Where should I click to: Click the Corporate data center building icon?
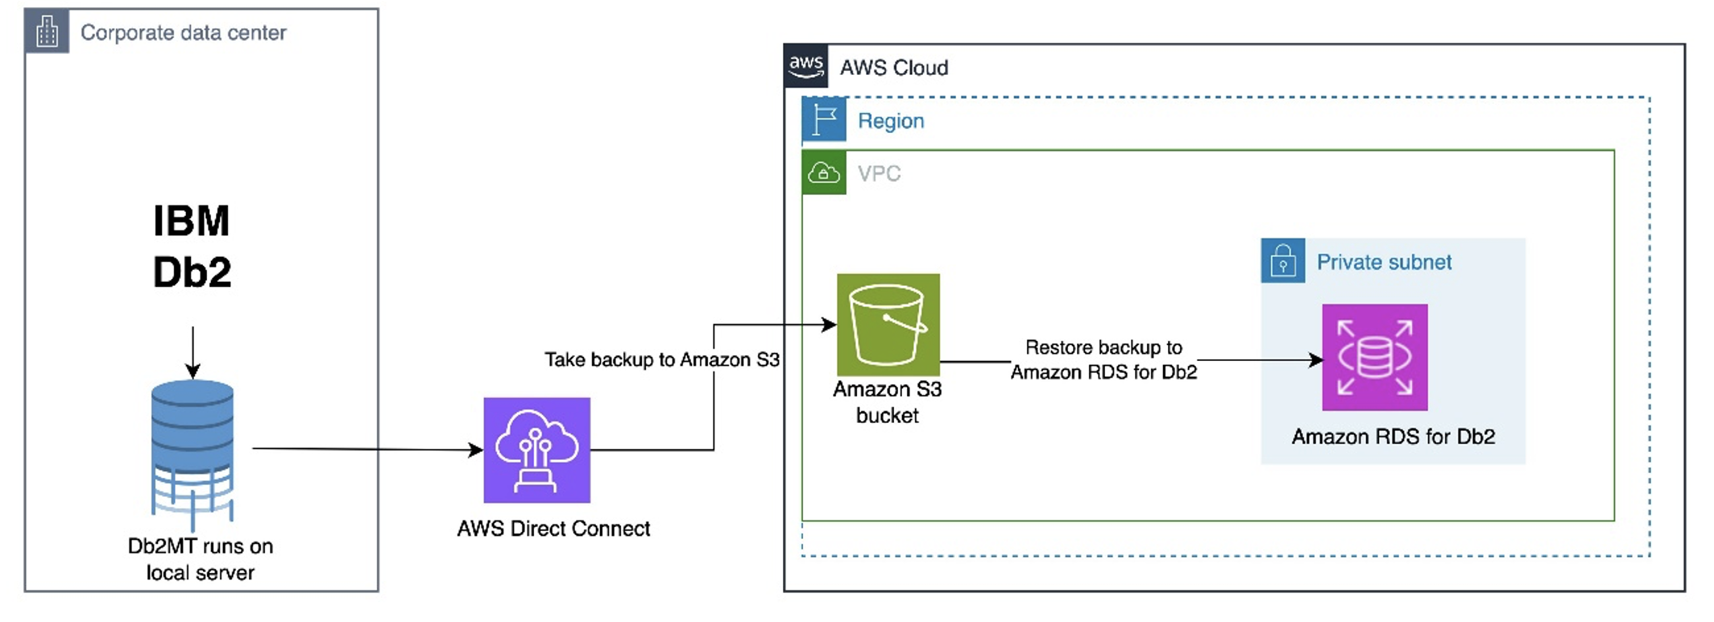tap(47, 31)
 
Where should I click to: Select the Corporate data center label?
tap(184, 32)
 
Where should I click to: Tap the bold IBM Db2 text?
tap(192, 246)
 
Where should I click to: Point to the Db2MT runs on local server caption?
tap(201, 559)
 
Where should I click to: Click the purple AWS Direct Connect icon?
tap(537, 450)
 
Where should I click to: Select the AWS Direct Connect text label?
tap(553, 529)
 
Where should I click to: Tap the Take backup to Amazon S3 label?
tap(662, 359)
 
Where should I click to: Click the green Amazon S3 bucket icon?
tap(888, 325)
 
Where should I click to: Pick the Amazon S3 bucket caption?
tap(888, 402)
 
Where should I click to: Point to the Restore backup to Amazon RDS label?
tap(1104, 359)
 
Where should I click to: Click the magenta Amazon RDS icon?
tap(1375, 357)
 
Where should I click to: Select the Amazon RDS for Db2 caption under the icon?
tap(1393, 437)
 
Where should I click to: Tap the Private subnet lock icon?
tap(1283, 260)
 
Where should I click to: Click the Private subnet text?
tap(1384, 262)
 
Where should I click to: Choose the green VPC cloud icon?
tap(824, 172)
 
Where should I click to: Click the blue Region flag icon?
tap(824, 119)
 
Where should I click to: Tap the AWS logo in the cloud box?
tap(806, 66)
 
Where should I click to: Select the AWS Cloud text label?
tap(894, 68)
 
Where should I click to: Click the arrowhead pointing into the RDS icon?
tap(1316, 360)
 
